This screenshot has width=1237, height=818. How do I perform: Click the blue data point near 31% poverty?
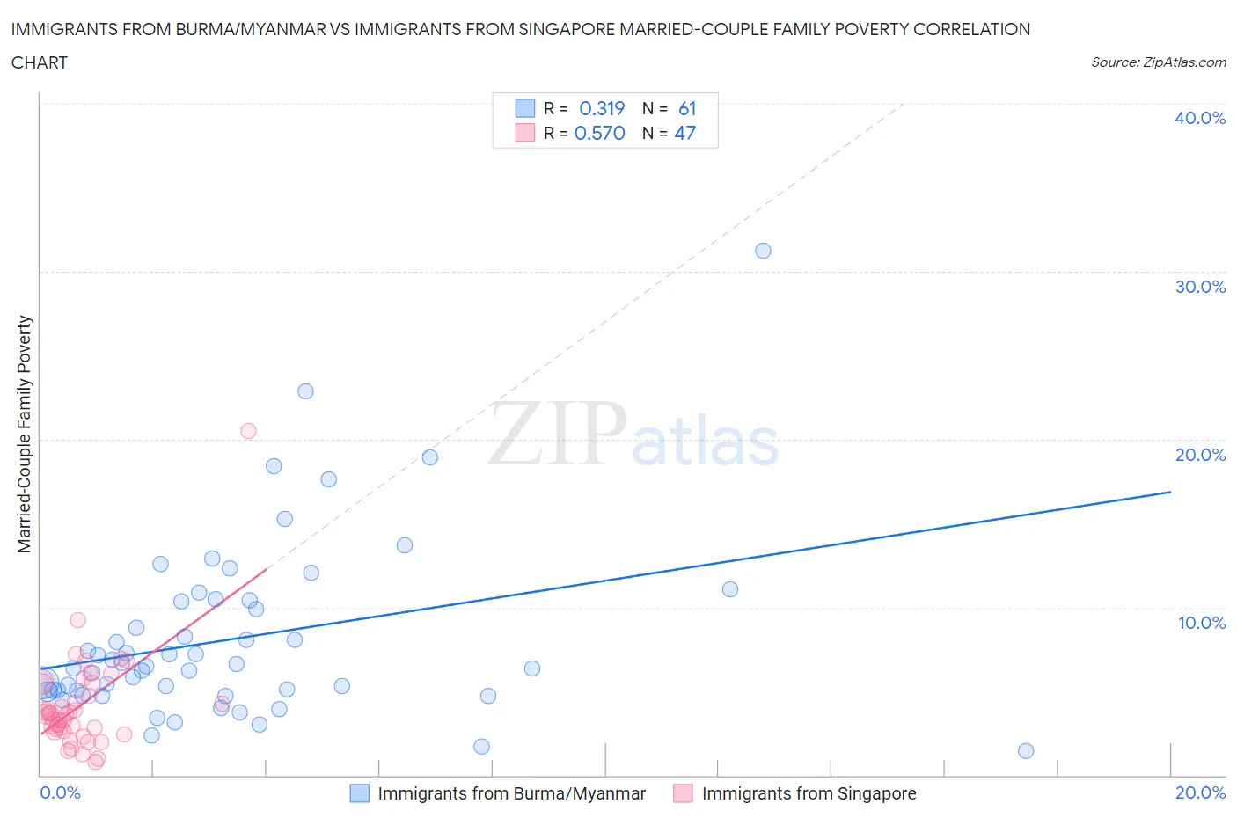click(763, 251)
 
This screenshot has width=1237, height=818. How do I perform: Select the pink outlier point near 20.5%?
click(248, 431)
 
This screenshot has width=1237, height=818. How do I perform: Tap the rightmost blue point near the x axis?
click(1026, 751)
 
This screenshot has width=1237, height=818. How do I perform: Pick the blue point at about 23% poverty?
click(305, 391)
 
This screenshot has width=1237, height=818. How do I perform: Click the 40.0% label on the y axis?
click(1200, 118)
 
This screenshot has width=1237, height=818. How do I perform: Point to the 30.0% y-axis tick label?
click(1200, 287)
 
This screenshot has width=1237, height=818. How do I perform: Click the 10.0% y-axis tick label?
click(1201, 623)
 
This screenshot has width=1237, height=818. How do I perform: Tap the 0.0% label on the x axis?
click(60, 792)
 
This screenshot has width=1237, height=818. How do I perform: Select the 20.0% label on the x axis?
click(1200, 792)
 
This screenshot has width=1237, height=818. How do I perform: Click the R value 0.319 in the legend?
click(602, 108)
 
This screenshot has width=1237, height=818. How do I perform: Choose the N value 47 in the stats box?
click(684, 133)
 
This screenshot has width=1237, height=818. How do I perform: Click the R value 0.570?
click(600, 133)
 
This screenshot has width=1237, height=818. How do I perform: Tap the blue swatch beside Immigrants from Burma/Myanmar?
click(360, 793)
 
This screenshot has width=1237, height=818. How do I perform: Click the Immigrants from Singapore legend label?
click(809, 793)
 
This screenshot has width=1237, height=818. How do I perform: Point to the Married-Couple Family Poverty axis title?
click(25, 435)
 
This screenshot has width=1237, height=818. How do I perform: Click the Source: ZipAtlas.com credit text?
click(1158, 62)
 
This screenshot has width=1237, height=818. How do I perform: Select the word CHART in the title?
click(40, 62)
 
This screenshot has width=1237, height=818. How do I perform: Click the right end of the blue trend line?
click(1170, 492)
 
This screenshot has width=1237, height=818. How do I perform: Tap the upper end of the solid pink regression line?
click(266, 570)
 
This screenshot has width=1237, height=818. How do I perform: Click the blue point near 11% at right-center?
click(729, 589)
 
